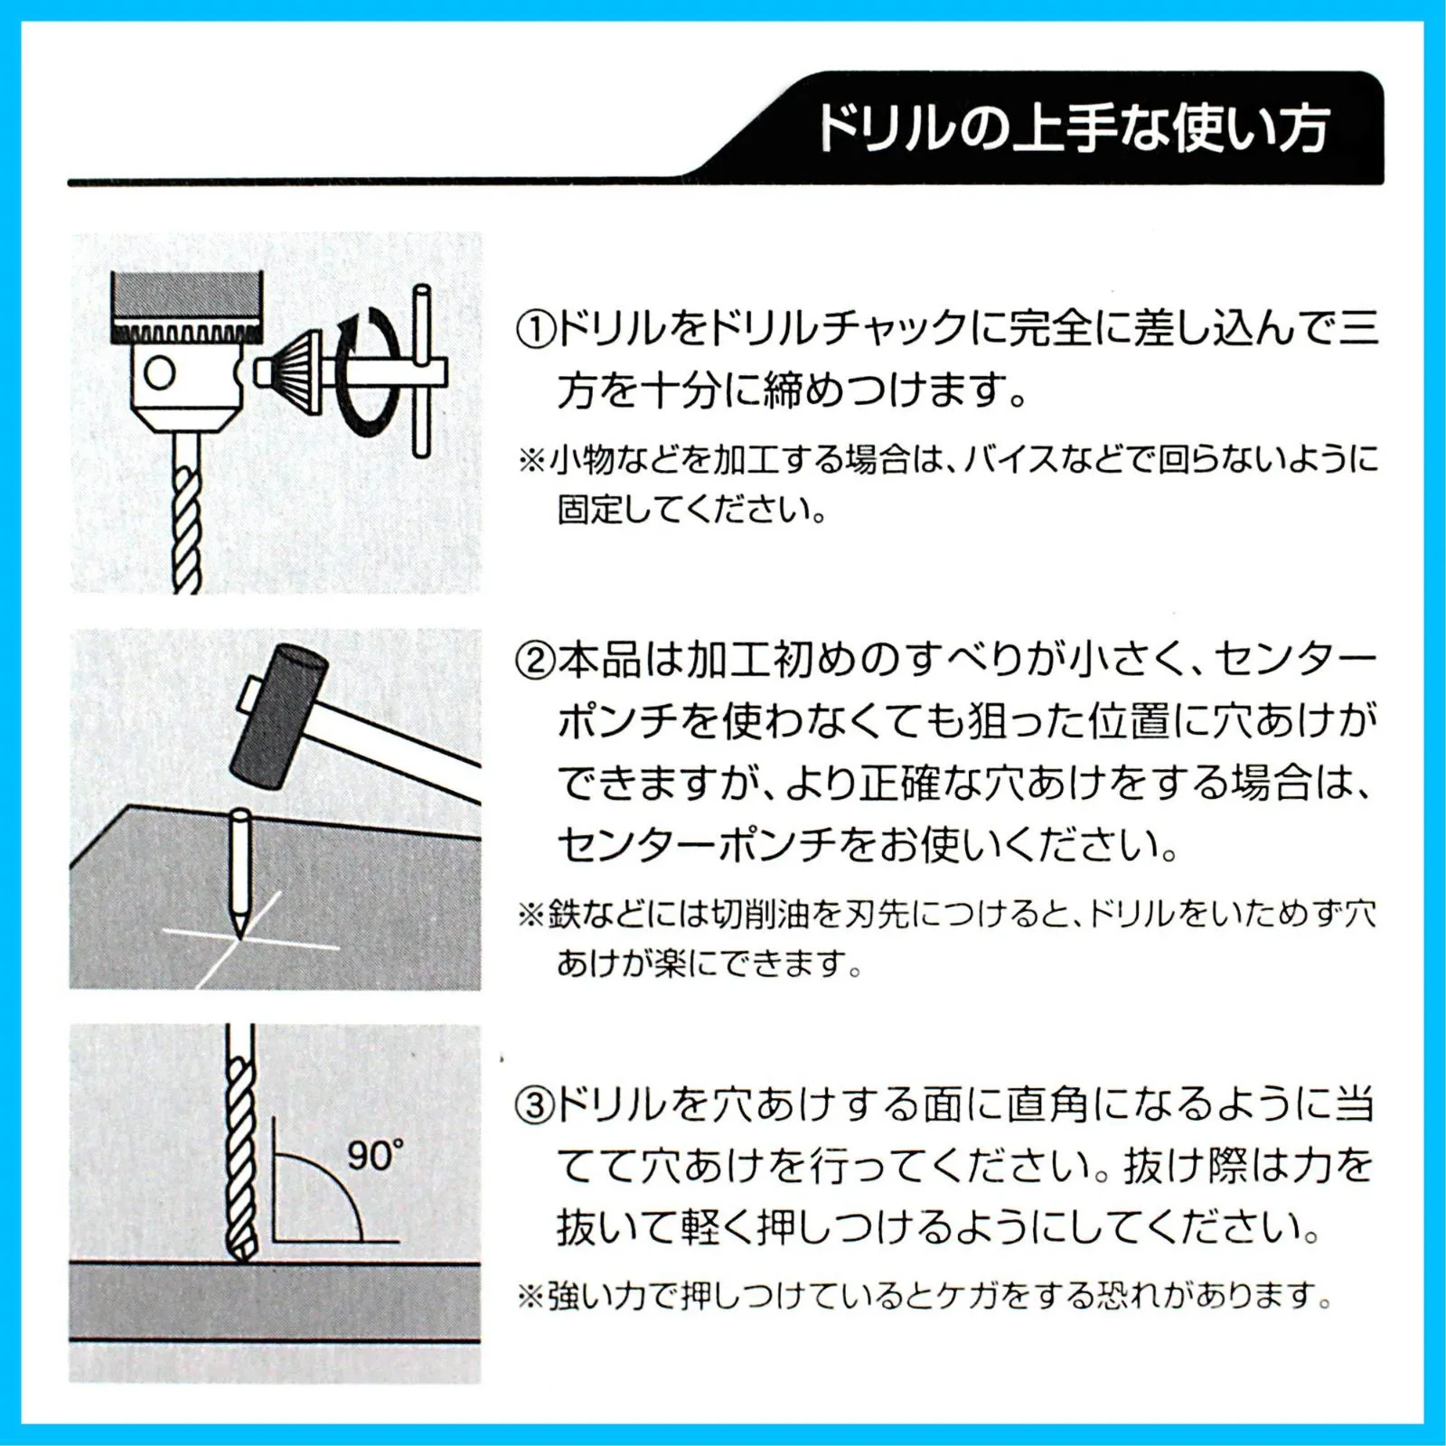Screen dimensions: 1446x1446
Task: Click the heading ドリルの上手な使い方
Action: pyautogui.click(x=1073, y=128)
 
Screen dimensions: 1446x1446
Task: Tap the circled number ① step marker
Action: pyautogui.click(x=535, y=329)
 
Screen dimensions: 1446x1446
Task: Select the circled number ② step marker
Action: pyautogui.click(x=535, y=662)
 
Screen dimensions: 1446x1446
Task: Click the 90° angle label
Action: pyautogui.click(x=374, y=1156)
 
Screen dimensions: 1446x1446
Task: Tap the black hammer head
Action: pyautogui.click(x=278, y=712)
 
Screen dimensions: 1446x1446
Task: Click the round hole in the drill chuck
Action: pyautogui.click(x=160, y=372)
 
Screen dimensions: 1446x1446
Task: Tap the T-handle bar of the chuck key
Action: pyautogui.click(x=420, y=371)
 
